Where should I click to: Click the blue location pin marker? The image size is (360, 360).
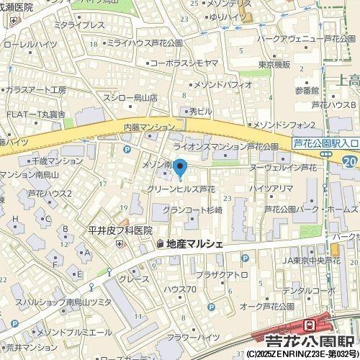181,170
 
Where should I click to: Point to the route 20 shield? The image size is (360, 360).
350,162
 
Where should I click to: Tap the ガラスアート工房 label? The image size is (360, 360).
35,90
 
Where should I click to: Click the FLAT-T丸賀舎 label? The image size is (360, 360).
33,114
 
